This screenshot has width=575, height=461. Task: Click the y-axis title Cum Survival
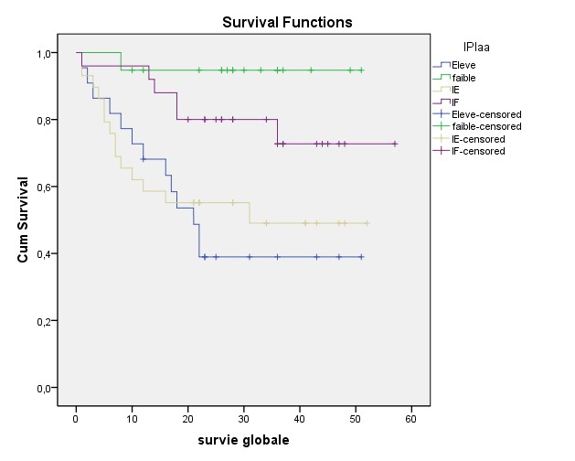tap(24, 220)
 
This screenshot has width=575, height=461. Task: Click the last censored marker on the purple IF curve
tap(395, 144)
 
